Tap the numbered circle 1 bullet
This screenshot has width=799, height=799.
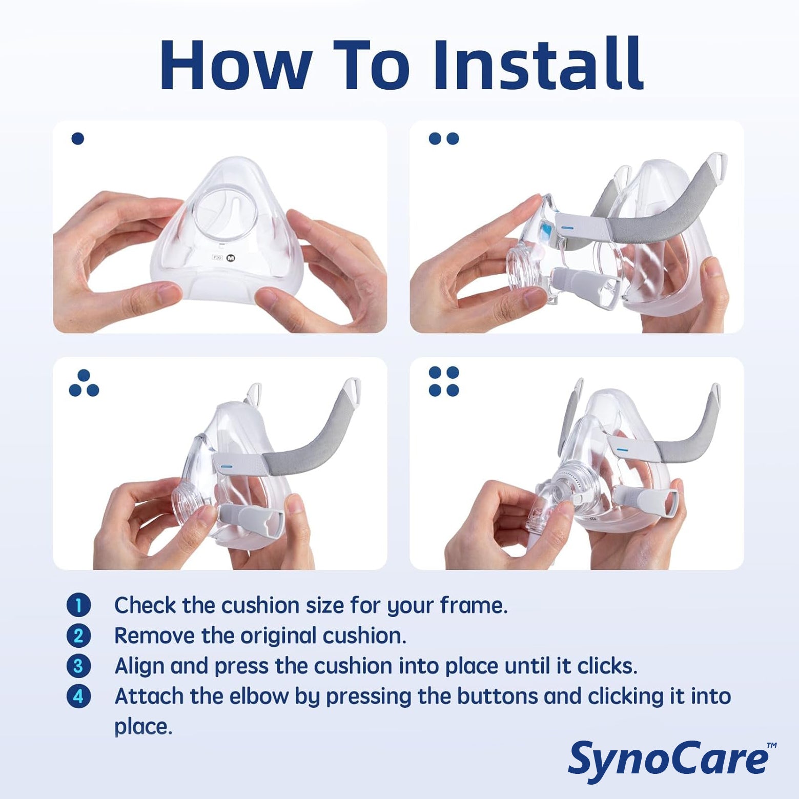click(x=78, y=605)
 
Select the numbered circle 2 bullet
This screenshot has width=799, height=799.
click(x=78, y=636)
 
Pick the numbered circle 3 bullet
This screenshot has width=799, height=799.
click(x=78, y=666)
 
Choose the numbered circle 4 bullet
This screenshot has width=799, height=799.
click(x=78, y=696)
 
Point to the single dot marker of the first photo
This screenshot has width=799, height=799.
click(x=78, y=138)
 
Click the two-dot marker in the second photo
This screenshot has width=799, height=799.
click(x=444, y=138)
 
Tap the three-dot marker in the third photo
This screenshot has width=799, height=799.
click(x=84, y=383)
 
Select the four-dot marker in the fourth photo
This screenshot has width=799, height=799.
click(x=444, y=381)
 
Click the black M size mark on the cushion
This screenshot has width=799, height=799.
click(x=230, y=258)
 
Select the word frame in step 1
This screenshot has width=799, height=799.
click(x=474, y=606)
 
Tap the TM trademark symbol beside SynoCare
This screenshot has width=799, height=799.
click(x=772, y=745)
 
